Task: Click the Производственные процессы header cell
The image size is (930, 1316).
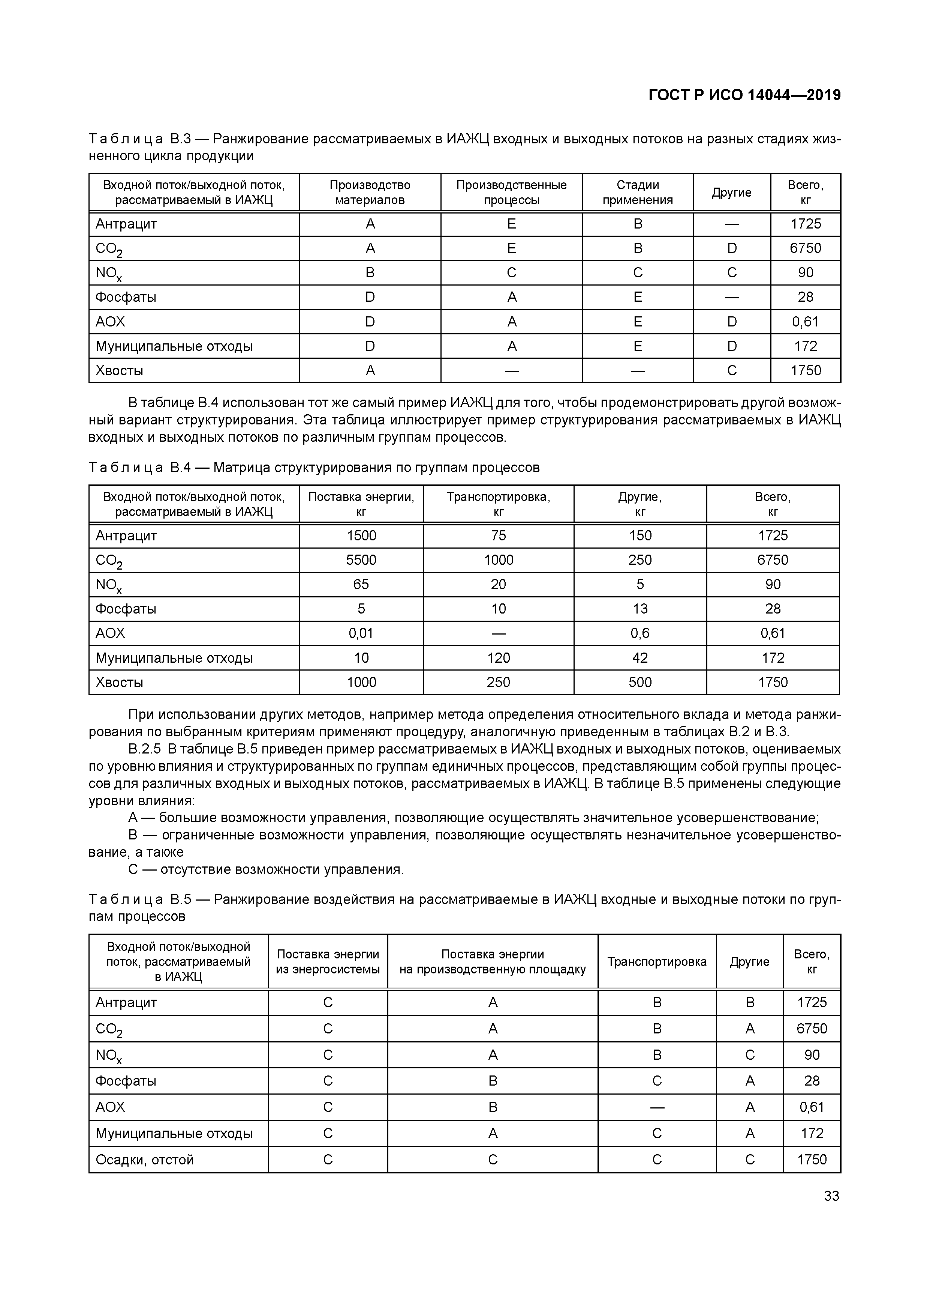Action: click(x=511, y=193)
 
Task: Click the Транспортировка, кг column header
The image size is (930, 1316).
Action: click(x=498, y=504)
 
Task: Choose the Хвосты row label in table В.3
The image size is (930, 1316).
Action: click(x=119, y=371)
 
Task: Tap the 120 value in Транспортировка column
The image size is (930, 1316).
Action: click(x=498, y=658)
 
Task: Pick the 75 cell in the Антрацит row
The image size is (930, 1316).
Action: click(x=498, y=535)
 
